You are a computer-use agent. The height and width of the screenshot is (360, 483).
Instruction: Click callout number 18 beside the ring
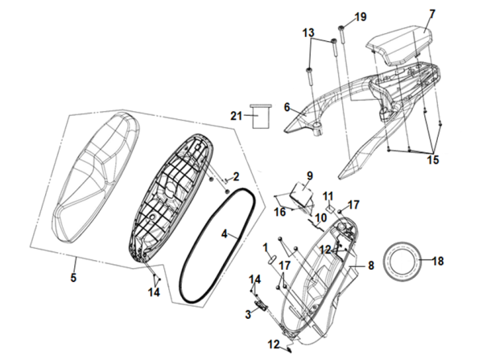[438, 261]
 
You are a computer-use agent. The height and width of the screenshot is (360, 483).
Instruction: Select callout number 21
[236, 116]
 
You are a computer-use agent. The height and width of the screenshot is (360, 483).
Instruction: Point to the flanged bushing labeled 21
[260, 118]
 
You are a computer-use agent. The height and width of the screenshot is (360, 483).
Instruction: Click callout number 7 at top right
[431, 13]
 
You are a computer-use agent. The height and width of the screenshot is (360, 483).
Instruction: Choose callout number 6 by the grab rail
[286, 106]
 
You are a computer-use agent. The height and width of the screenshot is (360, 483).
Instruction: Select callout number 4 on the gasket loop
[226, 234]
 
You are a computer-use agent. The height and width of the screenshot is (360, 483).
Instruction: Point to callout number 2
[237, 176]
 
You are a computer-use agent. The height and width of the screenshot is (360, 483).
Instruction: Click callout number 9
[308, 175]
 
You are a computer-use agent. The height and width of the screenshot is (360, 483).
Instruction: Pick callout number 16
[279, 213]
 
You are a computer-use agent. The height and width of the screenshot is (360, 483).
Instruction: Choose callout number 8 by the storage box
[371, 264]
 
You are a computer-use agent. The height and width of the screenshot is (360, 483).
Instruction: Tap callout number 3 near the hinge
[249, 311]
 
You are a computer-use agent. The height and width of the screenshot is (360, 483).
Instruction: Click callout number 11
[328, 196]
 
